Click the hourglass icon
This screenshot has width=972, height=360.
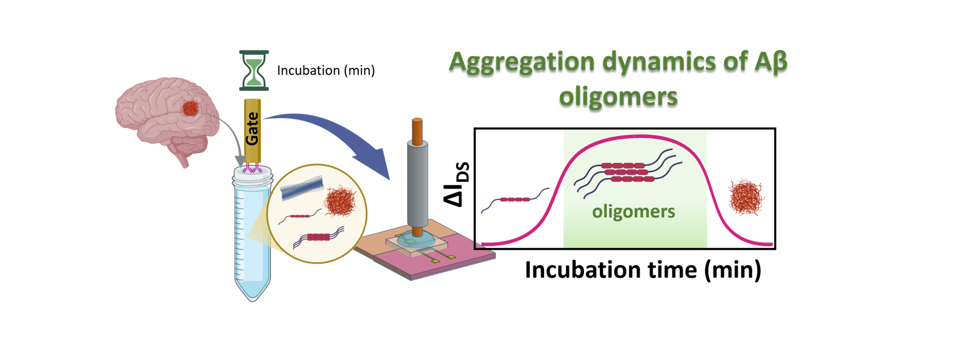point(253,70)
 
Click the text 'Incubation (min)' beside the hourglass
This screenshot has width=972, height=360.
point(326,71)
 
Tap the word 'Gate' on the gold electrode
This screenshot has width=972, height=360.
point(252,128)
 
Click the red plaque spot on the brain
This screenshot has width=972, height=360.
point(190,108)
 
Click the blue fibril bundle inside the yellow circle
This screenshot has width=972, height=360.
point(302,188)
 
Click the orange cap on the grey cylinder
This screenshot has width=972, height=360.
point(417,131)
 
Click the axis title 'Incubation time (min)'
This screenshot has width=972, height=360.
point(643,269)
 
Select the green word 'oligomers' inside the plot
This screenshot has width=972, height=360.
point(633,212)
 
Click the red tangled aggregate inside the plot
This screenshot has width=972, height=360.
point(746,197)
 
